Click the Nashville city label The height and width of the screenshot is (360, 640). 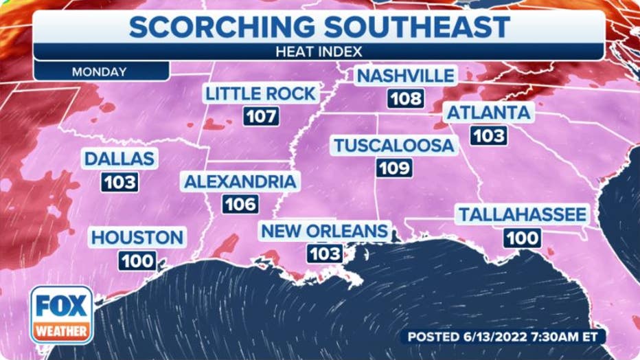pyautogui.click(x=405, y=76)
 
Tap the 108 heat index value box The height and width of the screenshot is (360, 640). pyautogui.click(x=405, y=98)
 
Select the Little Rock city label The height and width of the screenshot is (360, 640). pyautogui.click(x=260, y=93)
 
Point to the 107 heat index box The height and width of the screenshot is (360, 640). pyautogui.click(x=261, y=116)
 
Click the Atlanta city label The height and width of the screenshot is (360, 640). pyautogui.click(x=489, y=113)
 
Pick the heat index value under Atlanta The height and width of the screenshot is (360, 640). pyautogui.click(x=488, y=135)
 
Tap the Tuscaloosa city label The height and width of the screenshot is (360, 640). pyautogui.click(x=393, y=145)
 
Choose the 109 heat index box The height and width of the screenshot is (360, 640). pyautogui.click(x=394, y=168)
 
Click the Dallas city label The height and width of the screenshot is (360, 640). pyautogui.click(x=119, y=159)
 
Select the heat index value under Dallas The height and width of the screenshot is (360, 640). pyautogui.click(x=119, y=182)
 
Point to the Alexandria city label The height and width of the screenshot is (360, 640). pyautogui.click(x=240, y=181)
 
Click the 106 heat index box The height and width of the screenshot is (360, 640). pyautogui.click(x=240, y=204)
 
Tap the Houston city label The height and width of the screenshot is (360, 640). pyautogui.click(x=137, y=238)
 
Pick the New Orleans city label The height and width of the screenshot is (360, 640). pyautogui.click(x=324, y=231)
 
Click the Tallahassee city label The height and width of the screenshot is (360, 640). pyautogui.click(x=523, y=214)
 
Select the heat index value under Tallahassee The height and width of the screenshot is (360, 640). pyautogui.click(x=523, y=238)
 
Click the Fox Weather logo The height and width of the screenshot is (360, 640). pyautogui.click(x=62, y=315)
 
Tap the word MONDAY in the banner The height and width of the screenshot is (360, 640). pyautogui.click(x=99, y=71)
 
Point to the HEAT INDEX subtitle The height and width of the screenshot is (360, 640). pyautogui.click(x=319, y=51)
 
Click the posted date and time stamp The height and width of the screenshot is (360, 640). pyautogui.click(x=503, y=337)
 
